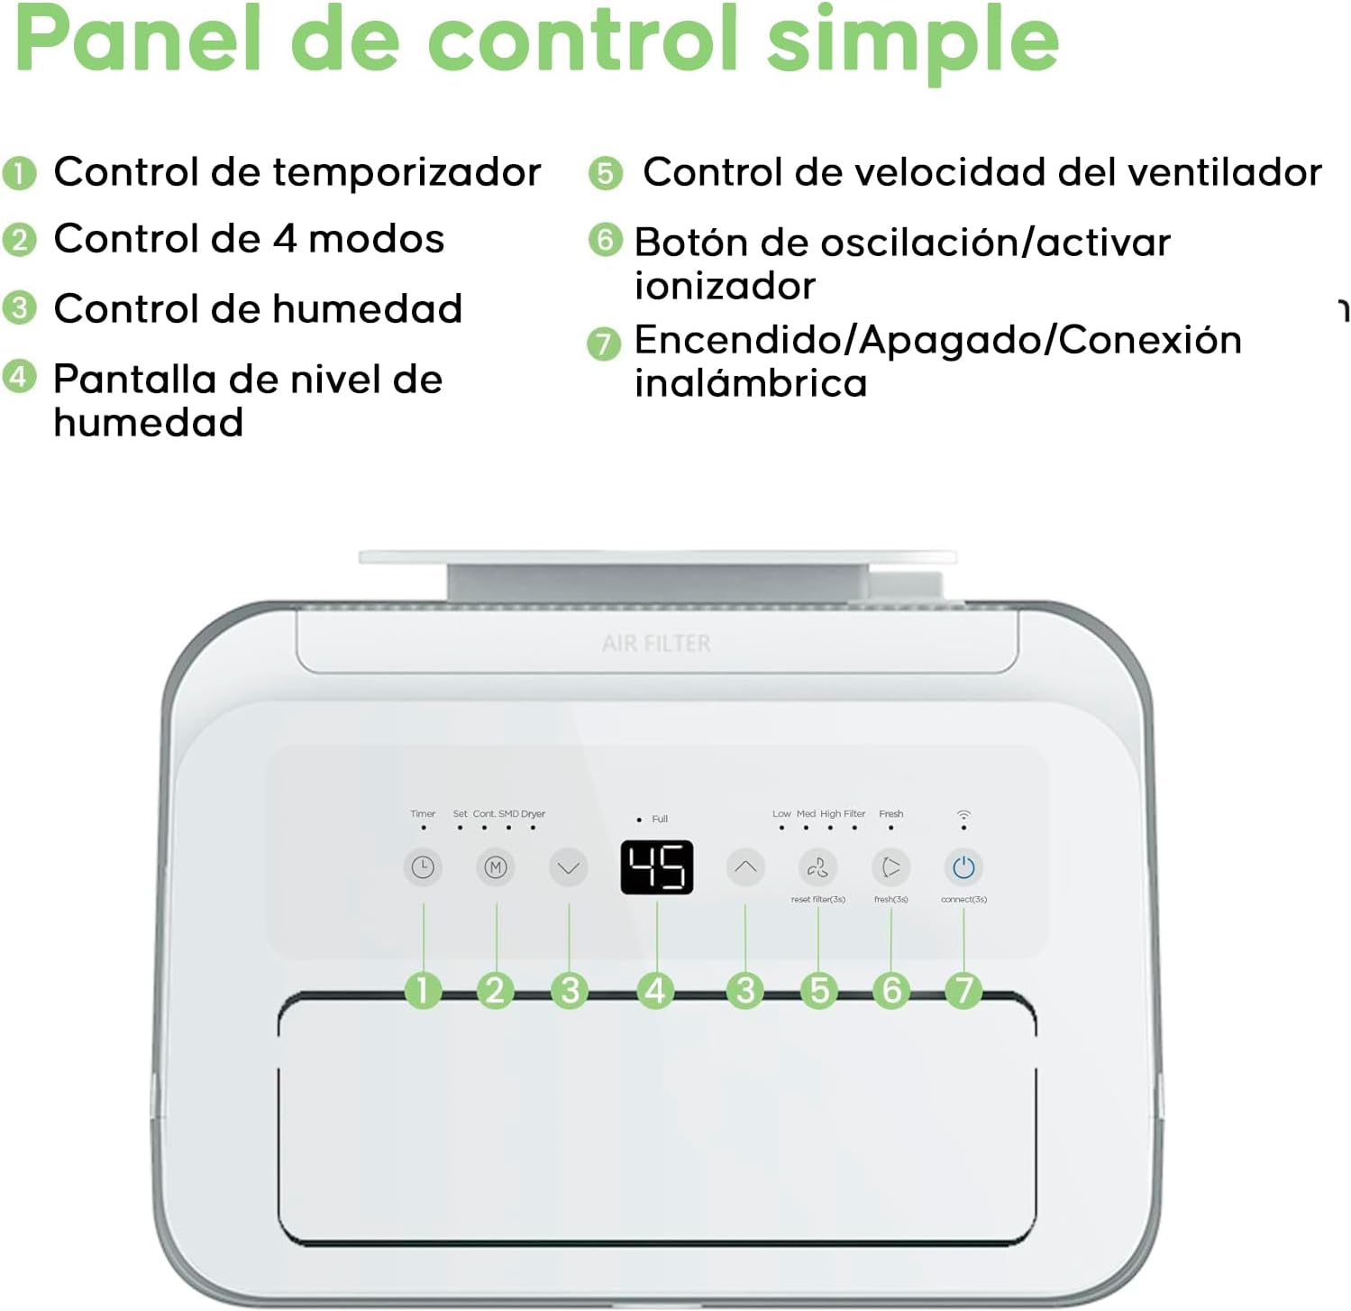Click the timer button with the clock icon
pyautogui.click(x=423, y=867)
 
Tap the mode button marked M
pyautogui.click(x=496, y=867)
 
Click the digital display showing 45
pyautogui.click(x=657, y=867)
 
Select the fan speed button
pyautogui.click(x=817, y=867)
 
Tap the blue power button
pyautogui.click(x=963, y=867)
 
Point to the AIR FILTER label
pyautogui.click(x=656, y=644)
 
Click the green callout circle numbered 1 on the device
pyautogui.click(x=423, y=990)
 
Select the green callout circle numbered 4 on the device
pyautogui.click(x=655, y=990)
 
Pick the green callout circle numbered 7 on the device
pyautogui.click(x=963, y=990)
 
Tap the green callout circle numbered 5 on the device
pyautogui.click(x=818, y=990)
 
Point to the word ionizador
pyautogui.click(x=725, y=287)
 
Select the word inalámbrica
pyautogui.click(x=751, y=383)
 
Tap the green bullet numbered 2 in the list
pyautogui.click(x=20, y=240)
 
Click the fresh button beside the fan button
pyautogui.click(x=890, y=867)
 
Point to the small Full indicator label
pyautogui.click(x=660, y=819)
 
